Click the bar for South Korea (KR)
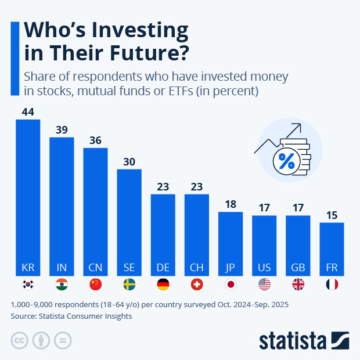[x=28, y=192]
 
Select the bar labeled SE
[x=129, y=218]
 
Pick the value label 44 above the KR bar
[x=28, y=111]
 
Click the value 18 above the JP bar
[x=231, y=204]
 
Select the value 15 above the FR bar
[x=332, y=214]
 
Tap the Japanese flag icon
[x=231, y=285]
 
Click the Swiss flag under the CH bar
[x=197, y=285]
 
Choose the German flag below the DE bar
[x=163, y=285]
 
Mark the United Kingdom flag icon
[x=298, y=285]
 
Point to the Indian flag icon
[x=62, y=285]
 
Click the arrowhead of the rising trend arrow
[x=298, y=126]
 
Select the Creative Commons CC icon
[x=20, y=340]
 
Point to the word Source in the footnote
[x=24, y=316]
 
